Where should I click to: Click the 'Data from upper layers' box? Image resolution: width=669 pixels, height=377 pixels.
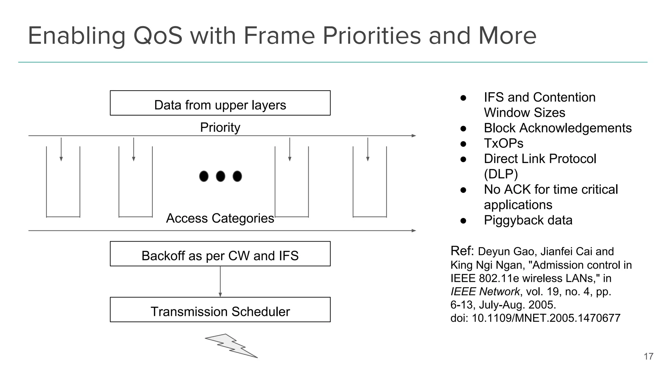coord(220,103)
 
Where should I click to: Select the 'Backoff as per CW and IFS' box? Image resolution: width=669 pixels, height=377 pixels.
coord(220,254)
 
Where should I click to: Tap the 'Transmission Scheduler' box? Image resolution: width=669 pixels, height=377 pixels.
coord(220,310)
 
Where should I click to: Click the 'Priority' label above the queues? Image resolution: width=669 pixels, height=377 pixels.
coord(220,127)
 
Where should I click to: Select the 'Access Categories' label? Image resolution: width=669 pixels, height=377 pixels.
coord(220,218)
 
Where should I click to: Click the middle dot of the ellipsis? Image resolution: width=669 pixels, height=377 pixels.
coord(220,176)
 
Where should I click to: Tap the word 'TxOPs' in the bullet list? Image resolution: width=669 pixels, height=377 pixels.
coord(503,143)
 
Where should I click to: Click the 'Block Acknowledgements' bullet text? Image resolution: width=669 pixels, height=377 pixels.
coord(558,128)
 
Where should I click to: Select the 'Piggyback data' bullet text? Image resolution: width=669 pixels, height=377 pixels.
coord(528,220)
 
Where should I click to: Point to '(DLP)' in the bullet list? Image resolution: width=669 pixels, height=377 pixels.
coord(501,174)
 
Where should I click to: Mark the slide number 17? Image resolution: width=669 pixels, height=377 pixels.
coord(648,356)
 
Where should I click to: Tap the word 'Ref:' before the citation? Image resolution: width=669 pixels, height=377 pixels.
coord(462,251)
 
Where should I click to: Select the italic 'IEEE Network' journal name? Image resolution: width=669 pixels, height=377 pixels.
coord(485,291)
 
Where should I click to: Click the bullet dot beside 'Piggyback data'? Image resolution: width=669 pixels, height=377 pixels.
coord(463,221)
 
